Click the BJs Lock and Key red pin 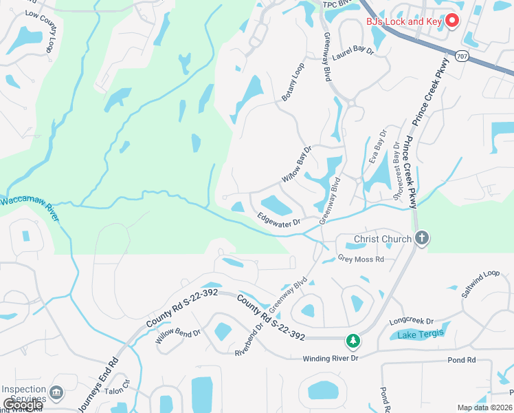click(x=452, y=21)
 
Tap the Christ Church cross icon click(x=422, y=239)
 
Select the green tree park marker click(x=353, y=340)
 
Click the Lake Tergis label click(x=421, y=335)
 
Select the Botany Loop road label click(x=293, y=83)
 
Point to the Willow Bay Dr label click(x=297, y=164)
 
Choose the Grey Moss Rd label click(x=361, y=260)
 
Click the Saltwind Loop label click(x=481, y=283)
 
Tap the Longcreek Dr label click(x=412, y=321)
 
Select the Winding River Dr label click(x=331, y=359)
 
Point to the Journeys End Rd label click(x=97, y=386)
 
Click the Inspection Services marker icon click(x=57, y=393)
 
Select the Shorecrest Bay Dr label click(x=396, y=163)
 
